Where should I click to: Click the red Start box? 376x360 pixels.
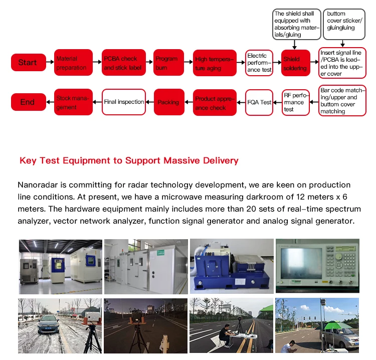click(28, 63)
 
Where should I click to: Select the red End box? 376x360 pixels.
click(28, 102)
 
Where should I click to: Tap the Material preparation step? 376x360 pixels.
click(73, 63)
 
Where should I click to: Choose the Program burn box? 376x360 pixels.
click(166, 63)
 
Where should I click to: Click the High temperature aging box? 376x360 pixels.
click(215, 63)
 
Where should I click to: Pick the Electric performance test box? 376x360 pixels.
click(259, 63)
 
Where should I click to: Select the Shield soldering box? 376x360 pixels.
click(296, 63)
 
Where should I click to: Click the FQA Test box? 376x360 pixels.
click(259, 102)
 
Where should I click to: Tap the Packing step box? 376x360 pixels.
click(169, 102)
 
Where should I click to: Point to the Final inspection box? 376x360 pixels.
click(123, 102)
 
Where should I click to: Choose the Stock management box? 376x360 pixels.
click(73, 102)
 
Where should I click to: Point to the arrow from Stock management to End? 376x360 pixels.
click(50, 102)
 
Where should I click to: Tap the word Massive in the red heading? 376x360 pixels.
click(144, 161)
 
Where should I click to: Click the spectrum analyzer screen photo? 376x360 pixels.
click(316, 266)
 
